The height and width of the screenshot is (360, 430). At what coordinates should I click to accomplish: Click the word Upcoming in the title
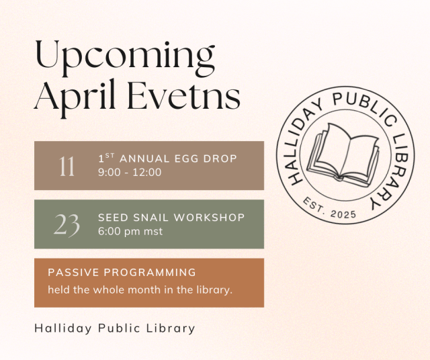pyautogui.click(x=125, y=57)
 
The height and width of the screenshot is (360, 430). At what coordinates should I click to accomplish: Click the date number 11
pyautogui.click(x=67, y=166)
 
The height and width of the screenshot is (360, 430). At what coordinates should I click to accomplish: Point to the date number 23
pyautogui.click(x=67, y=224)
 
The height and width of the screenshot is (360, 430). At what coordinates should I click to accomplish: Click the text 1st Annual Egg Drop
pyautogui.click(x=167, y=159)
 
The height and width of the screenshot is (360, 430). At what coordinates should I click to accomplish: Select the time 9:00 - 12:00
pyautogui.click(x=130, y=173)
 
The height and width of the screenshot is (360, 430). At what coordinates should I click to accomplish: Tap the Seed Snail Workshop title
pyautogui.click(x=171, y=218)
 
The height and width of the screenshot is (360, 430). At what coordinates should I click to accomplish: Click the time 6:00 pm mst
pyautogui.click(x=130, y=232)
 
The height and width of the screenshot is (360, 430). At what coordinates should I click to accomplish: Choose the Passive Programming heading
pyautogui.click(x=122, y=273)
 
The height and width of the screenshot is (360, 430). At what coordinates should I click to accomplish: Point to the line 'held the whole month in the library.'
pyautogui.click(x=140, y=289)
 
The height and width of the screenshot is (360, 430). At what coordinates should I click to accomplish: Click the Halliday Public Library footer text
pyautogui.click(x=115, y=328)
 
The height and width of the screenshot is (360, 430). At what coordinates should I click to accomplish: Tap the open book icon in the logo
pyautogui.click(x=347, y=154)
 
